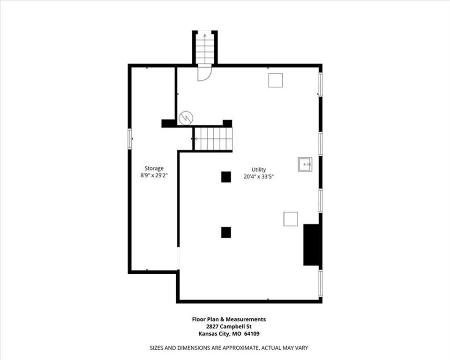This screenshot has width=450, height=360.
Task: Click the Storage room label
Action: point(154,169)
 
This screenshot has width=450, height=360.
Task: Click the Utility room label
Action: point(259,169)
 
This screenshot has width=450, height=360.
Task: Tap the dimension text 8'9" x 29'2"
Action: point(154,175)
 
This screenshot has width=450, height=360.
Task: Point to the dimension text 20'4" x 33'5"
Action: point(259,177)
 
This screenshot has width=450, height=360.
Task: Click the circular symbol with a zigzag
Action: point(186,118)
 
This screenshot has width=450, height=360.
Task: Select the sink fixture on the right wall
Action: point(305,164)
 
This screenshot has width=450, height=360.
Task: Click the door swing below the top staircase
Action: point(204,74)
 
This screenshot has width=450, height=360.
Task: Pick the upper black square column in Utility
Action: point(226,177)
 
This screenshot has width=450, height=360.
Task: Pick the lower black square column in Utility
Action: point(226,232)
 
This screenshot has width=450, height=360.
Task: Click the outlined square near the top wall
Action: point(276,80)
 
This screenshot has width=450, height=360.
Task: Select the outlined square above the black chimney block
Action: point(291,219)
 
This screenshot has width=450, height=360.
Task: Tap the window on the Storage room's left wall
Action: point(129,139)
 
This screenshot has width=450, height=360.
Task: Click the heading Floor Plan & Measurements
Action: point(229,319)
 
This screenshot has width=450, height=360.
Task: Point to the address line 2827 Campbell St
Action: point(229,326)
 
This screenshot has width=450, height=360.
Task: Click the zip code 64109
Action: point(252,334)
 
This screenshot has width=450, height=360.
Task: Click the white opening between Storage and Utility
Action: point(178,258)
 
